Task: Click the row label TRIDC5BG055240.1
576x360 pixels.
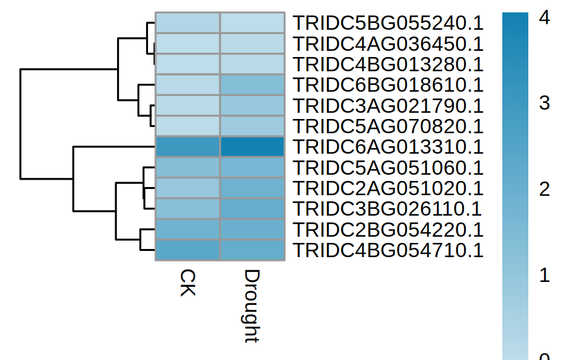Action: point(388,23)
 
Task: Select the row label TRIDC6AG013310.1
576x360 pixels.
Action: point(388,147)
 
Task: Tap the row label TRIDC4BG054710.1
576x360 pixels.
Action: point(388,250)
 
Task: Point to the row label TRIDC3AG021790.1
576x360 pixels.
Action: point(388,106)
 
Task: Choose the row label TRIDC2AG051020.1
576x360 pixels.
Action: point(388,188)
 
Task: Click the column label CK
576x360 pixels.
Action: point(188,283)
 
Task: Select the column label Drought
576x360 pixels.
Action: point(252,306)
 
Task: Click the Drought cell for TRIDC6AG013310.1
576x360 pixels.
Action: point(252,147)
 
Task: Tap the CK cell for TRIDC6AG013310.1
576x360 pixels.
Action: point(188,147)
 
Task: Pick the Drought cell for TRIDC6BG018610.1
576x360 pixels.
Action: point(252,85)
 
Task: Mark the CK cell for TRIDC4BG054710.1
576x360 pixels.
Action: point(188,250)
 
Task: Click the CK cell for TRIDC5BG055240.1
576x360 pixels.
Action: point(188,23)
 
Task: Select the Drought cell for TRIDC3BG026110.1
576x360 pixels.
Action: point(252,209)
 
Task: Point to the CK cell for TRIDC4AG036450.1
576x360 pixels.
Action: point(188,43)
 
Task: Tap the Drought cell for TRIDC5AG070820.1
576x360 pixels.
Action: point(252,126)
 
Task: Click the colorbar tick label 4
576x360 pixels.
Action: point(544,17)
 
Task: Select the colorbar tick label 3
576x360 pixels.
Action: point(544,103)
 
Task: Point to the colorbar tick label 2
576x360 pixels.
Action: point(544,189)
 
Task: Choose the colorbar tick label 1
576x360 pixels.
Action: point(544,275)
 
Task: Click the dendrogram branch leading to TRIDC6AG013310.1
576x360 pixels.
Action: point(114,147)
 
